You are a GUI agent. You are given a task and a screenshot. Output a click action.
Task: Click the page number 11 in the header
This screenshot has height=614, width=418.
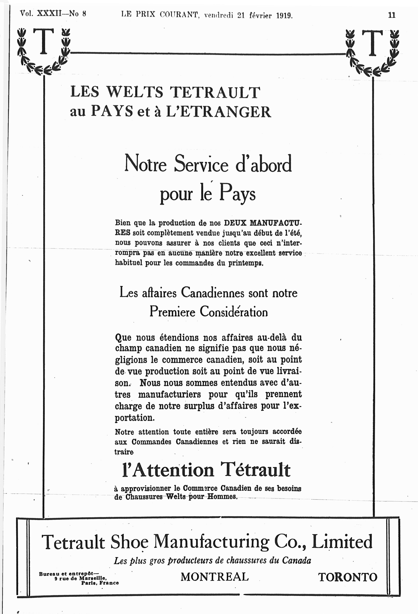(392, 15)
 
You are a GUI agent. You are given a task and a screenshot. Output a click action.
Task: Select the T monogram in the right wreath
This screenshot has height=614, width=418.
(372, 43)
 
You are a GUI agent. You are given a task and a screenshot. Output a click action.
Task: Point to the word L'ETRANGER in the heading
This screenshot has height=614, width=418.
(218, 112)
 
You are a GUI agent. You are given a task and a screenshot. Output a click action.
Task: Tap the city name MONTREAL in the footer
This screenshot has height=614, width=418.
(215, 577)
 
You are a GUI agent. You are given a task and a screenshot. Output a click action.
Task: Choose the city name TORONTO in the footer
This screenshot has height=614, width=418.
(347, 577)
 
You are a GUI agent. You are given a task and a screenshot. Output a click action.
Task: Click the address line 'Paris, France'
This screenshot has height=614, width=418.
(100, 583)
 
